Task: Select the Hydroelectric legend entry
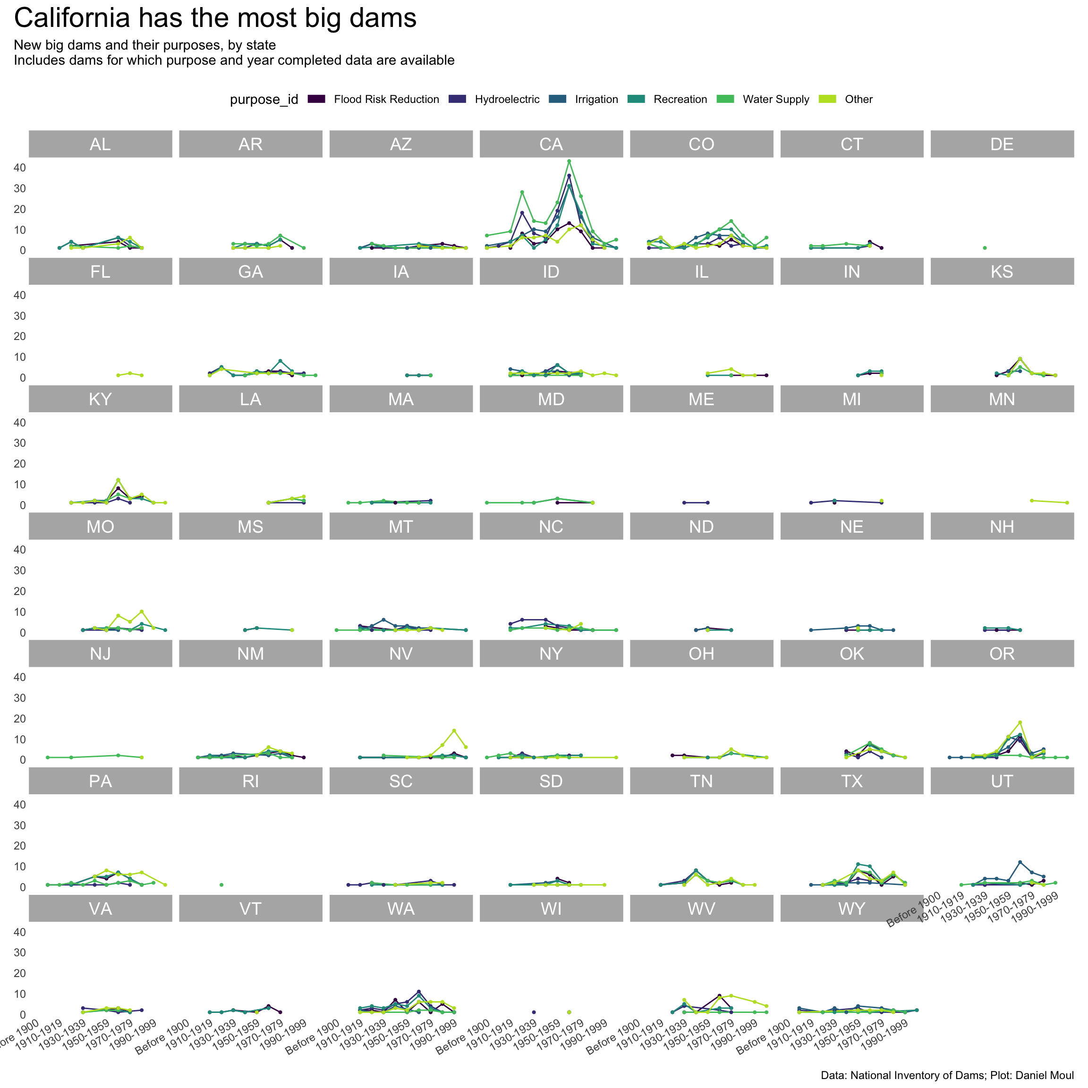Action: click(507, 100)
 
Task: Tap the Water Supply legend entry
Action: click(775, 100)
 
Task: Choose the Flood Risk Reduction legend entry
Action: click(386, 100)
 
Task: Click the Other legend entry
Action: click(858, 100)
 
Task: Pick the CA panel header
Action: click(551, 144)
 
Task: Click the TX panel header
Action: click(851, 781)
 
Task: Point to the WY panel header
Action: click(851, 909)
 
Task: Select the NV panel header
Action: click(400, 654)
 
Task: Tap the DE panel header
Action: click(1002, 144)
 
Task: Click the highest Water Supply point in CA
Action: click(569, 161)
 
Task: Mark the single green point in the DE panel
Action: click(985, 248)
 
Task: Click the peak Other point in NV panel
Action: click(454, 731)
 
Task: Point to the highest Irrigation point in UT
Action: click(1020, 862)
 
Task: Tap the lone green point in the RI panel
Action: click(221, 884)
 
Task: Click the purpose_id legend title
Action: click(263, 100)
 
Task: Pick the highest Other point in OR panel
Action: click(1020, 722)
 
